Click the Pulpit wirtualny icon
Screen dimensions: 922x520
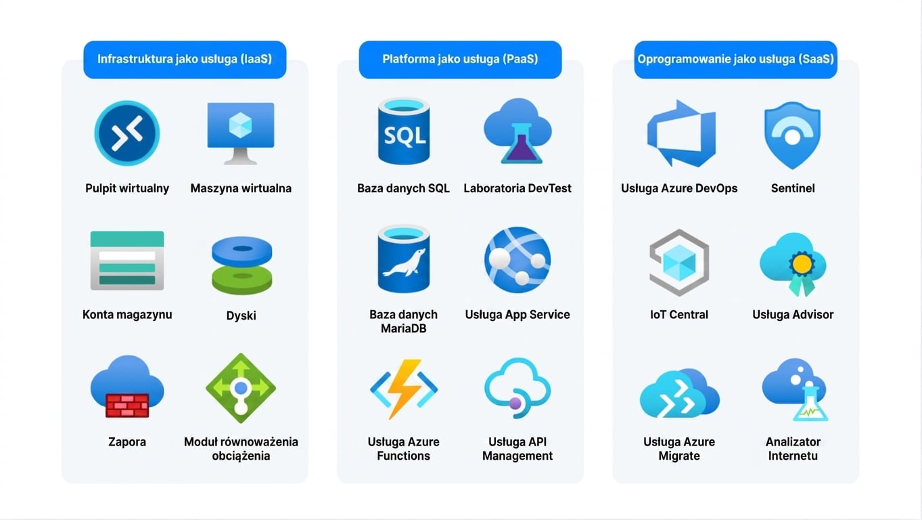point(127,133)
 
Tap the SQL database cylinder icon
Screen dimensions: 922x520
point(404,131)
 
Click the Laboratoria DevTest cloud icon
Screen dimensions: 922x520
point(517,131)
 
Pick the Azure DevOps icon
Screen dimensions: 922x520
point(681,133)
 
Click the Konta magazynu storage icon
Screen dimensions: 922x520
point(127,261)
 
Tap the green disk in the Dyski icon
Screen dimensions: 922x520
point(242,280)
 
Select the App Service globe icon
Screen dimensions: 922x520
point(517,260)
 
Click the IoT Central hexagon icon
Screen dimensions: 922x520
point(679,263)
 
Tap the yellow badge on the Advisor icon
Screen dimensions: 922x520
point(802,264)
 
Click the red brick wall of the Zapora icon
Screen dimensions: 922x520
point(127,406)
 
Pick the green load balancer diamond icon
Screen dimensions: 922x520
point(241,388)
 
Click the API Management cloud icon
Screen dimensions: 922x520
point(517,388)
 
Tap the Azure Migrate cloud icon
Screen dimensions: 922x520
point(680,393)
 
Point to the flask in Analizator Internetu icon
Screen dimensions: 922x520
point(810,405)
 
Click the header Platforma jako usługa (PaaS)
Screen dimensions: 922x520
point(460,60)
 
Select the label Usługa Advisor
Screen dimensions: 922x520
point(793,315)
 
